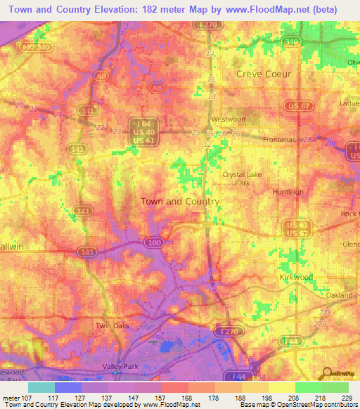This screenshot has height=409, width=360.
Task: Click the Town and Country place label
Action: tap(180, 201)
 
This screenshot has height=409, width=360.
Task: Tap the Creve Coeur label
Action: tap(264, 74)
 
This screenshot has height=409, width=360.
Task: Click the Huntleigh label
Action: tap(288, 191)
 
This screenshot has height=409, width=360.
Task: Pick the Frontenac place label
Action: tap(281, 140)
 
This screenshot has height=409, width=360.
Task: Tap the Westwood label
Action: tap(229, 119)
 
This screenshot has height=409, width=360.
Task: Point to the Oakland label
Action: tap(339, 296)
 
